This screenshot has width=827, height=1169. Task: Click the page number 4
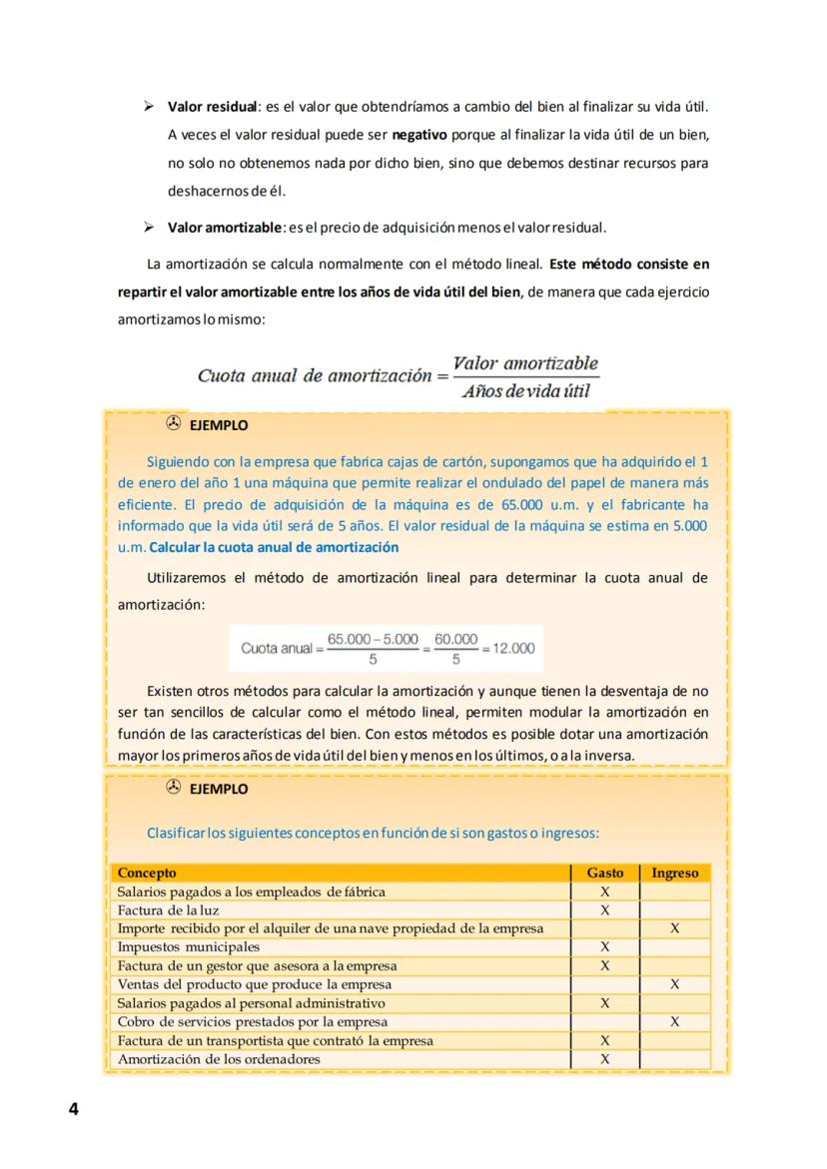[73, 1109]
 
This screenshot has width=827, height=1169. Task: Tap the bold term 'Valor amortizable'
[226, 227]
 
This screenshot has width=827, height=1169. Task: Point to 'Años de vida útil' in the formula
[525, 390]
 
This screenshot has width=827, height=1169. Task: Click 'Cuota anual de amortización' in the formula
[313, 375]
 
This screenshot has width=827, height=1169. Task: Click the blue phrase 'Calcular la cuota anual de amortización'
[274, 547]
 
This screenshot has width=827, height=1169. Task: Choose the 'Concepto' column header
[147, 873]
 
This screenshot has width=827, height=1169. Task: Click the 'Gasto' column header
[605, 873]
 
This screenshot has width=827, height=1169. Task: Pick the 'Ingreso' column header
[674, 873]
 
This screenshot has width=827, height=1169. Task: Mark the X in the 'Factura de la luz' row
[605, 910]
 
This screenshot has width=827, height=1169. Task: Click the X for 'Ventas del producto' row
[675, 984]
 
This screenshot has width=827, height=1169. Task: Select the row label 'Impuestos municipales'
[189, 947]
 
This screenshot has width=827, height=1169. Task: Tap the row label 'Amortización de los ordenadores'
[219, 1058]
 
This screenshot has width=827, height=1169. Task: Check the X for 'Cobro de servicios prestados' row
[675, 1021]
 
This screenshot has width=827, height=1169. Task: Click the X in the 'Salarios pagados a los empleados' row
[605, 891]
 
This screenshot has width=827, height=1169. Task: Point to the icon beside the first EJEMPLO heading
[173, 423]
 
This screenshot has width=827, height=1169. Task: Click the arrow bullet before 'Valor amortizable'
[148, 227]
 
